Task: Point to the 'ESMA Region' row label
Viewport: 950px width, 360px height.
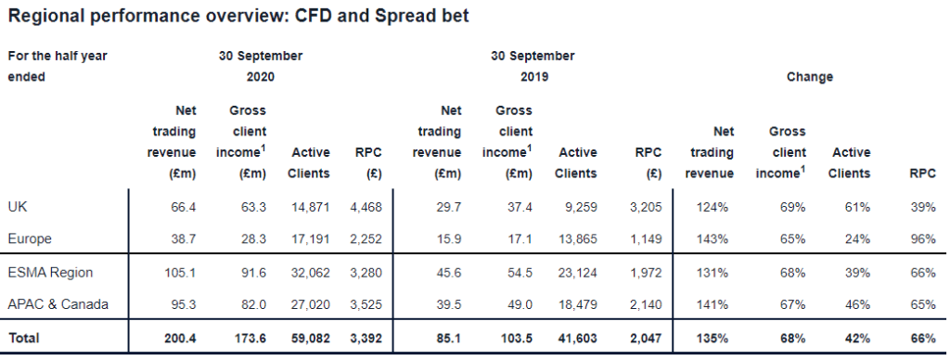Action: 45,273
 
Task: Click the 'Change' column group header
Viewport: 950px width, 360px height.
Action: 809,77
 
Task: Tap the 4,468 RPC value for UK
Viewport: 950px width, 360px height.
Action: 365,207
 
